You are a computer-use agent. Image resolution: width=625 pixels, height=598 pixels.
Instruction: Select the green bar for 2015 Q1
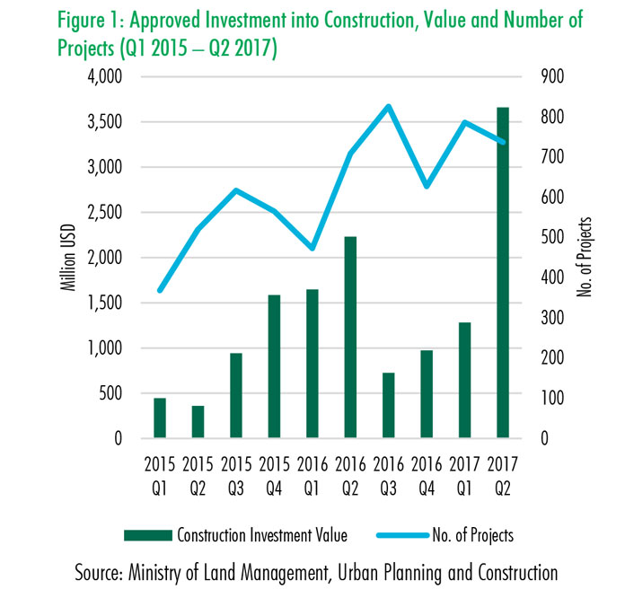coord(160,418)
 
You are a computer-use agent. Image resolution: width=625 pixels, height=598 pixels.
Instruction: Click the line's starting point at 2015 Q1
coord(160,291)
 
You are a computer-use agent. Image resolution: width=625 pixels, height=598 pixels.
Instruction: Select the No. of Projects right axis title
coord(588,258)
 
